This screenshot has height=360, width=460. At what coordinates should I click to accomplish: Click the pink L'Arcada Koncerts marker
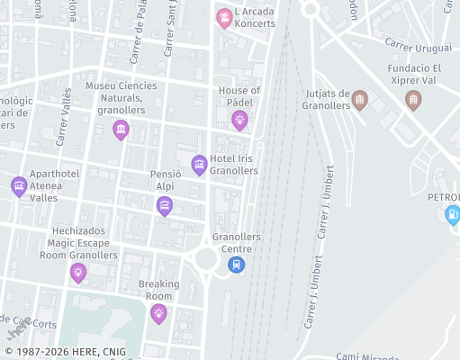(x=224, y=17)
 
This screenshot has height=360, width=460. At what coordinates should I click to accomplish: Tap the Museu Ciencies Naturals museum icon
(x=121, y=130)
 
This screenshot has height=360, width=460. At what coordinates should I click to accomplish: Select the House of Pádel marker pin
(x=239, y=120)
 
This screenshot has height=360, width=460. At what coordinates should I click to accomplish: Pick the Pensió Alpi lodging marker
(x=165, y=206)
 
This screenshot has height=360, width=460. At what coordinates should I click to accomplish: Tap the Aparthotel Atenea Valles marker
(x=19, y=186)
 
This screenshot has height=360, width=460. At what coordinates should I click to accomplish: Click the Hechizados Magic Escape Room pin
(x=78, y=272)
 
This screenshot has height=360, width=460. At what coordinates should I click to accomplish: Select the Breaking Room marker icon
(x=159, y=312)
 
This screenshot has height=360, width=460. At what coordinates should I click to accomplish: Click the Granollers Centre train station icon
(x=236, y=265)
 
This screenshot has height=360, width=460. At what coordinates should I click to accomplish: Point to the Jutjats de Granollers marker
(x=359, y=98)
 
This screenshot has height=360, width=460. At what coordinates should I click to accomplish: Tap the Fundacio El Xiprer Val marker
(x=413, y=98)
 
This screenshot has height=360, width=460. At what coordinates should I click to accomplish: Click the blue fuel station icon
(x=452, y=214)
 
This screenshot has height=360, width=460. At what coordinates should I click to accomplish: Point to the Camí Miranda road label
(x=369, y=356)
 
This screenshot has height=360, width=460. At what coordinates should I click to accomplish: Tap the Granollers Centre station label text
(x=237, y=243)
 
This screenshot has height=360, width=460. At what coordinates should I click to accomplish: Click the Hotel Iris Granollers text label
(x=234, y=165)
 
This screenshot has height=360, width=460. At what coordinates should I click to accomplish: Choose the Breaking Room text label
(x=159, y=290)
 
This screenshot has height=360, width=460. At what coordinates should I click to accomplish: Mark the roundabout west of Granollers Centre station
(x=205, y=259)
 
